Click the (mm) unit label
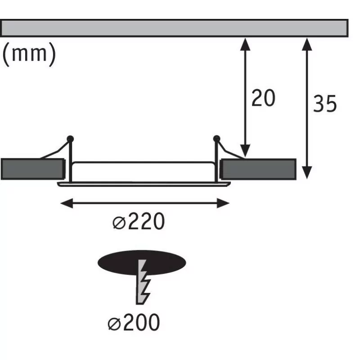tap(29, 54)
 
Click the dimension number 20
tap(263, 98)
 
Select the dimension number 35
tap(325, 103)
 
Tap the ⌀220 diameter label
tap(139, 221)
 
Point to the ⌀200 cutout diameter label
tap(134, 322)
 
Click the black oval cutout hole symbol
tap(142, 263)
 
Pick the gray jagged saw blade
tap(143, 282)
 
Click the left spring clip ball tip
tap(70, 139)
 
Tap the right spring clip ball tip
tap(216, 139)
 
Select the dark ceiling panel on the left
tap(33, 169)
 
